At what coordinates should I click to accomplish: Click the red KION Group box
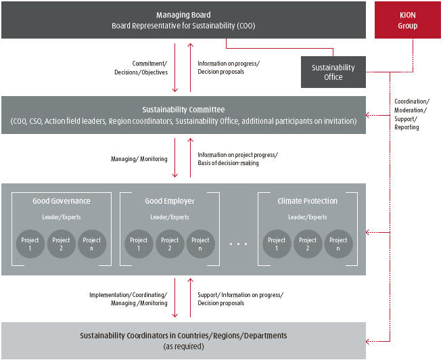(408, 20)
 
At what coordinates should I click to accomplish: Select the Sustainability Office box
(333, 72)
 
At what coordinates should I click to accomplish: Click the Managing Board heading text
(183, 15)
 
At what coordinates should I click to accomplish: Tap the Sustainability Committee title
(183, 109)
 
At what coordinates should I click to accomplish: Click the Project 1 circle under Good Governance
(30, 244)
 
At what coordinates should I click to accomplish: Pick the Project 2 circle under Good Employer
(170, 244)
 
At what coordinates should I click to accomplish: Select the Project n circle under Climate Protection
(338, 244)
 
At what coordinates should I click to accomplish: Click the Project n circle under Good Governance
(92, 244)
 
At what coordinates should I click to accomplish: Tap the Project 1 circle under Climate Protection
(277, 244)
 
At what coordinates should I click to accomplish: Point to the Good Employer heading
(170, 201)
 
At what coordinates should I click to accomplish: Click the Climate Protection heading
(307, 201)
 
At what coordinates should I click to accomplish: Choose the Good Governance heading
(62, 201)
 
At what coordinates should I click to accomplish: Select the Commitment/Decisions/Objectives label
(141, 68)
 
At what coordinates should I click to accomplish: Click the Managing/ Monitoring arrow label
(139, 159)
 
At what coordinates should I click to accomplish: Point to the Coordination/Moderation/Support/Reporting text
(411, 114)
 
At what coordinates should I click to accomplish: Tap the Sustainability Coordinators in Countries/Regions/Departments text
(183, 336)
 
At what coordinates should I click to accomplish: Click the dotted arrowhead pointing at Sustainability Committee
(369, 114)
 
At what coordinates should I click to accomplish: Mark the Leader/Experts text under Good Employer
(170, 217)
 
